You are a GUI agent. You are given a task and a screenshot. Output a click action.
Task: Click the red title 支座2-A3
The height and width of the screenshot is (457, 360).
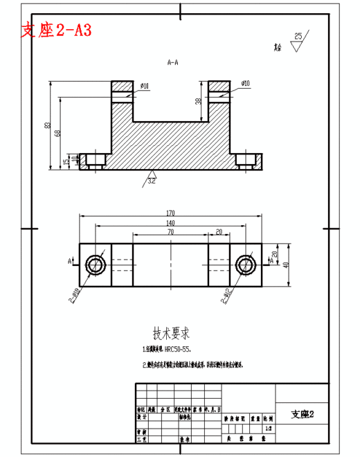(x=57, y=30)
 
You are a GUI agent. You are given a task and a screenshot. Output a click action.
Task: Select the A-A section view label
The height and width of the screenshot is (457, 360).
(x=173, y=62)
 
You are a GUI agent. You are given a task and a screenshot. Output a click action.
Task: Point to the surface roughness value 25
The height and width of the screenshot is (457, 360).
(x=298, y=35)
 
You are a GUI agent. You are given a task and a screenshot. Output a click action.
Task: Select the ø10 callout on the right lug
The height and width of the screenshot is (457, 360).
(x=246, y=84)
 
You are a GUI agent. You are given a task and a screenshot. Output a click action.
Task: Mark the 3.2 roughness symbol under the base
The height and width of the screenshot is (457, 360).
(x=152, y=181)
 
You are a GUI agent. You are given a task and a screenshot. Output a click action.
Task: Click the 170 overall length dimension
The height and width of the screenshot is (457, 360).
(x=170, y=213)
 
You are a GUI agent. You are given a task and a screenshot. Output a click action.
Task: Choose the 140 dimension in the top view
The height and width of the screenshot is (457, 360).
(x=170, y=223)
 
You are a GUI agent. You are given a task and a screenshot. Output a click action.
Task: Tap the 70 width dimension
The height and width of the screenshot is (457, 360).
(x=170, y=233)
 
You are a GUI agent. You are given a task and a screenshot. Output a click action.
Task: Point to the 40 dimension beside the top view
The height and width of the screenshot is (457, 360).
(x=285, y=264)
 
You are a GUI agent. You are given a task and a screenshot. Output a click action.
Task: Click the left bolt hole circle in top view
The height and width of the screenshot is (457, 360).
(x=95, y=264)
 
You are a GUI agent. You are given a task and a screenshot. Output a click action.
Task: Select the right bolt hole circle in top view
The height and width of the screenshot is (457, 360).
(x=245, y=264)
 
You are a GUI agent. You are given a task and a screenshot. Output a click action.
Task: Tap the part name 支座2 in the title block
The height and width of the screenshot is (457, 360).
(x=303, y=414)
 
